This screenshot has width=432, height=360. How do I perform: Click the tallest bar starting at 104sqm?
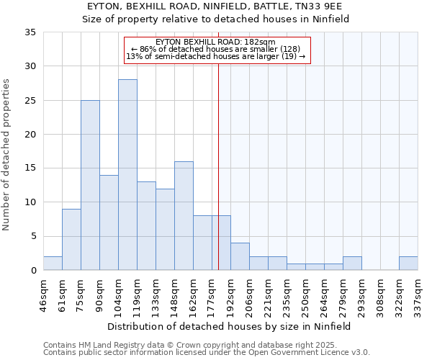(127, 175)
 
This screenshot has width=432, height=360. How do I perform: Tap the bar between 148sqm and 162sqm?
(184, 216)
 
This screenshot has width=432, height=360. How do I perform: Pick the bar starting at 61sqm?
(71, 239)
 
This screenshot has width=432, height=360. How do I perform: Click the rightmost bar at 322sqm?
(408, 264)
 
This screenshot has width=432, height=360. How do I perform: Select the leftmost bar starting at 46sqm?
(53, 264)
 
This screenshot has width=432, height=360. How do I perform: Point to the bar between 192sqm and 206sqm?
(240, 256)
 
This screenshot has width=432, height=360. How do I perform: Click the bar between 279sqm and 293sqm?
(352, 264)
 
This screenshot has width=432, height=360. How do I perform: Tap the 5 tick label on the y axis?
(32, 237)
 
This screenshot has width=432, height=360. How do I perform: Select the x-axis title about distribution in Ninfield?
(230, 326)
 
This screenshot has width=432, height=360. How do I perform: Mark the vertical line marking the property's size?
(218, 166)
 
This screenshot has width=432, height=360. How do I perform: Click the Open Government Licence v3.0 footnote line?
(206, 353)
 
